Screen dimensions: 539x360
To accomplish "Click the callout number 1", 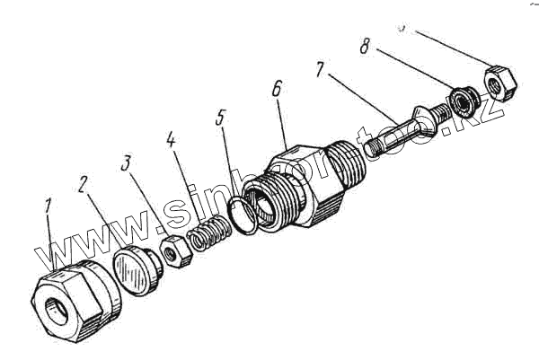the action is coord(49,208).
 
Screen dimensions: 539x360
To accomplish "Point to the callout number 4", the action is coord(172,140).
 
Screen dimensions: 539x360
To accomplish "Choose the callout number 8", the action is coord(364,46).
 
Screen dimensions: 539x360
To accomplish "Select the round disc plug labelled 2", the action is coord(137,272).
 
